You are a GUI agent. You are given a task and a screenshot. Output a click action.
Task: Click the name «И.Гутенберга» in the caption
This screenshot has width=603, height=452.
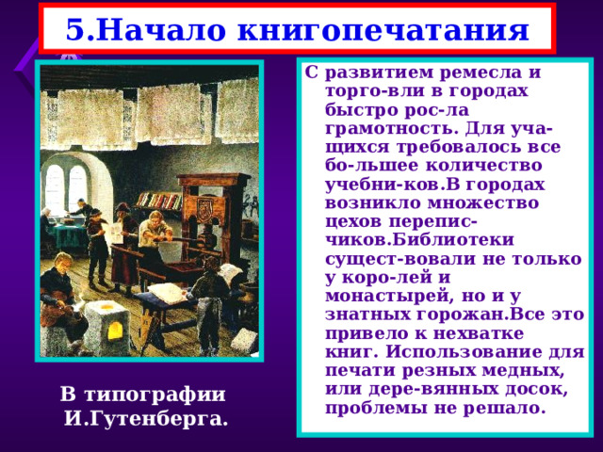146,416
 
